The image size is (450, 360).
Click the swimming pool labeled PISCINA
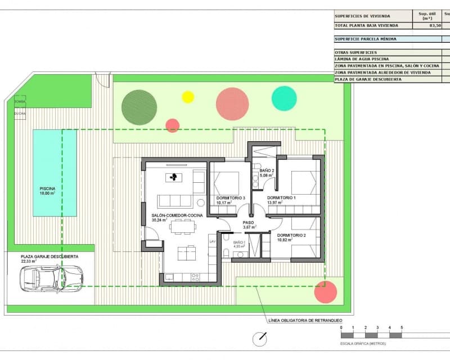click(55, 173)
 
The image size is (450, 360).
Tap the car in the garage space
click(51, 278)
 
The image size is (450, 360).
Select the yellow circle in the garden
click(188, 97)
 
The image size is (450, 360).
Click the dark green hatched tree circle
click(139, 107)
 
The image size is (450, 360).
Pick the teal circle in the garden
click(284, 98)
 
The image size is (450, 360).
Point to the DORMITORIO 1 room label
click(281, 198)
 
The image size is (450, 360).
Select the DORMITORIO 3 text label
click(231, 198)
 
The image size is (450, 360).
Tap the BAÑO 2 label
click(267, 171)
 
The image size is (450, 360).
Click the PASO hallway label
click(249, 223)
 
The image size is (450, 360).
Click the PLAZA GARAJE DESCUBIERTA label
click(49, 256)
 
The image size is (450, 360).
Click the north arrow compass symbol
click(259, 339)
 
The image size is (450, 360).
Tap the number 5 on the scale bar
click(402, 327)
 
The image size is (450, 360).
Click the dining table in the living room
click(183, 227)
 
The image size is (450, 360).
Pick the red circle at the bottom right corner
click(326, 292)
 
